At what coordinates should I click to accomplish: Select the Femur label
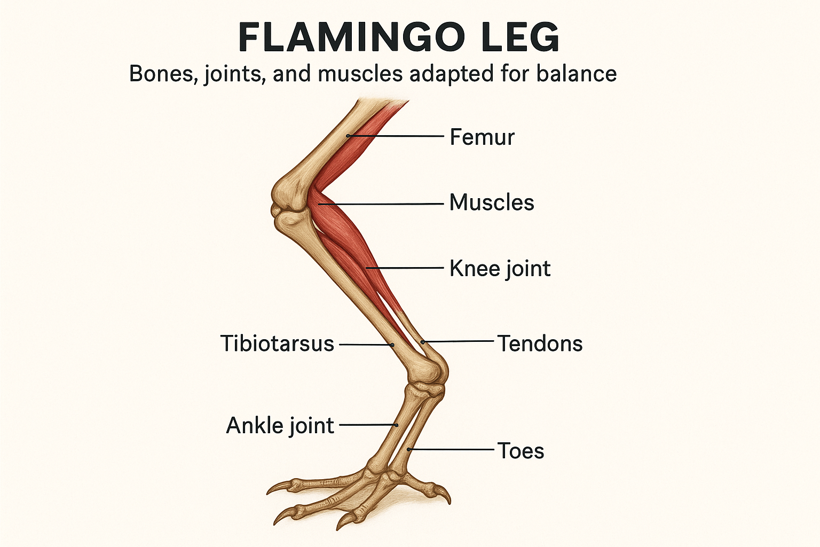click(x=482, y=137)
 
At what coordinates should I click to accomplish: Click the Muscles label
click(x=491, y=202)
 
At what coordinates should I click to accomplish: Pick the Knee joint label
click(x=500, y=268)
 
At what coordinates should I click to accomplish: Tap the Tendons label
click(x=540, y=343)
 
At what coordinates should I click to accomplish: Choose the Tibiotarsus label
click(x=277, y=343)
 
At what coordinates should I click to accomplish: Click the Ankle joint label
click(x=280, y=426)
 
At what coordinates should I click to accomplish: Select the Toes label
click(x=521, y=451)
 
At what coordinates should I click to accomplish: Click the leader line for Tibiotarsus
click(x=366, y=345)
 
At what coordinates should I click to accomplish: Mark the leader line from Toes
click(x=451, y=450)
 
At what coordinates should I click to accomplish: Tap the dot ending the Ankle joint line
click(x=397, y=425)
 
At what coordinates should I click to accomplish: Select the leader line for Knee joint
click(x=406, y=268)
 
